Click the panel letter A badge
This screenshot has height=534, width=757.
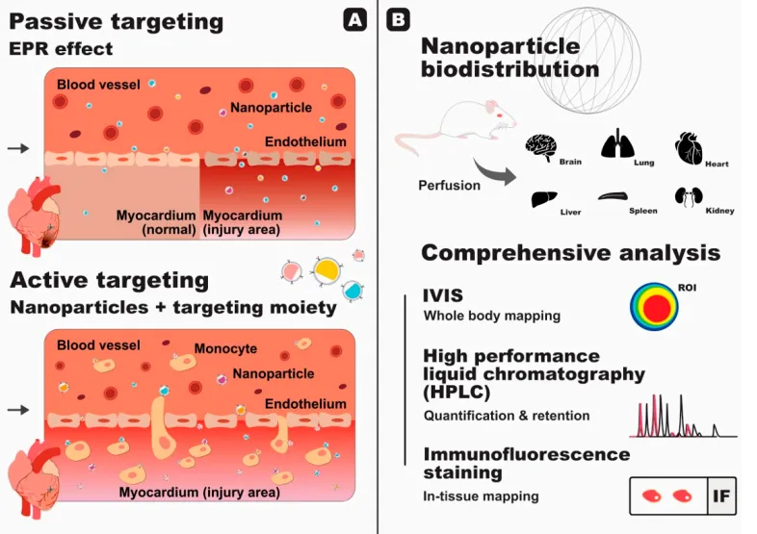[354, 20]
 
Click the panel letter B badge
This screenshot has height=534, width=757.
[399, 20]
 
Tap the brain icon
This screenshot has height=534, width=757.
[541, 147]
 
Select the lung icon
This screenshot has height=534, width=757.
[617, 143]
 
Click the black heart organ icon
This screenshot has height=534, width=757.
[689, 148]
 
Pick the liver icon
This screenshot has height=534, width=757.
[544, 199]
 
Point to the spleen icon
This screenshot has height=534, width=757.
[613, 196]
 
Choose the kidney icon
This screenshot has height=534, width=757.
[689, 197]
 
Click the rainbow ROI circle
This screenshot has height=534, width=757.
[654, 307]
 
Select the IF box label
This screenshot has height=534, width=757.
[721, 496]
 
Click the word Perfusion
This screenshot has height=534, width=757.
[449, 186]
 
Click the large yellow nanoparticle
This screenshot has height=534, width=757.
[326, 270]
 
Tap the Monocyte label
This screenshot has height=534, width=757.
[225, 348]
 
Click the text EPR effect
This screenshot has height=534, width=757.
[61, 48]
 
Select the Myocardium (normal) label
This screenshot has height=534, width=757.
[156, 222]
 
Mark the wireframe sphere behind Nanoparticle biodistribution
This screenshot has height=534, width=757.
[588, 61]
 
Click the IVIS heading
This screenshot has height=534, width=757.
[443, 295]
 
